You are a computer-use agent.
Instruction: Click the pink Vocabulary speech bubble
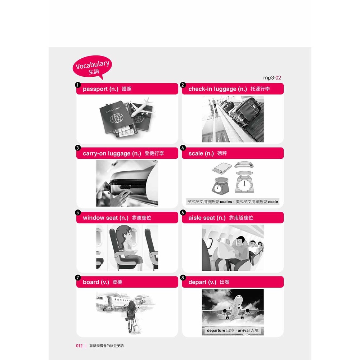92,67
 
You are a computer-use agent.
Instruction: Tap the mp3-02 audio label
272,78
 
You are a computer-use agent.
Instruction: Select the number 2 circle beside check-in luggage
183,85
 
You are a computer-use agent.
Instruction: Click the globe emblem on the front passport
116,118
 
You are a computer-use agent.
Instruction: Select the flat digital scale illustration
222,167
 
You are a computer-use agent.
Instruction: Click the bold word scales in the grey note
226,202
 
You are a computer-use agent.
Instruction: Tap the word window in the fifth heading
92,218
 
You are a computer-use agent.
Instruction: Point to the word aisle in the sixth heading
195,218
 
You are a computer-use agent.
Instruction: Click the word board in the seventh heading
91,282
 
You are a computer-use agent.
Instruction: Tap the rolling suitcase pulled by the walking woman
136,327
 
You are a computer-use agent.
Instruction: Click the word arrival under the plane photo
244,330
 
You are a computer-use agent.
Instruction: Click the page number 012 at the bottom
79,346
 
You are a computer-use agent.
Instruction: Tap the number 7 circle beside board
78,278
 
